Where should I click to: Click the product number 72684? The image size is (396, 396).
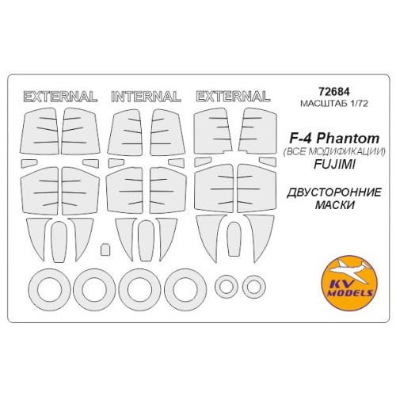[x=334, y=92]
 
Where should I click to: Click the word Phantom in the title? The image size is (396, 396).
[x=348, y=139]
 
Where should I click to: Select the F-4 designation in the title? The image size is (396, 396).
[x=300, y=139]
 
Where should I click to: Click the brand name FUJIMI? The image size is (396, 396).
[x=334, y=165]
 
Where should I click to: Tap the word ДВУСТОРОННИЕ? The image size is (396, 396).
[x=334, y=192]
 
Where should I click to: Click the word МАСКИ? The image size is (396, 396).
[x=334, y=205]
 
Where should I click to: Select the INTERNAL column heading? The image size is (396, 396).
[x=146, y=97]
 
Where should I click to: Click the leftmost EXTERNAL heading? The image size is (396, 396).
[x=60, y=97]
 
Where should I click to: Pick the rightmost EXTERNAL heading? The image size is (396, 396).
[x=233, y=96]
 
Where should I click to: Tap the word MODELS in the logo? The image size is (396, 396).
[x=350, y=292]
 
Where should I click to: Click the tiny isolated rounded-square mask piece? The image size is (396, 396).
[x=105, y=249]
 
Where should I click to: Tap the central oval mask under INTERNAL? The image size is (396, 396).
[x=146, y=240]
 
